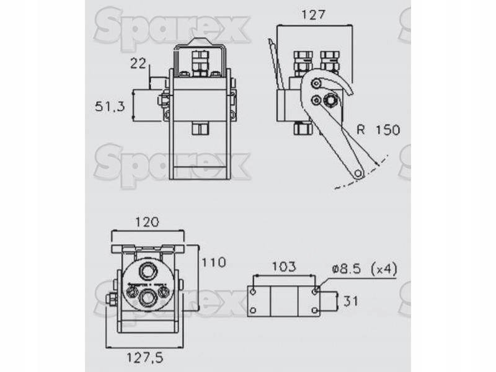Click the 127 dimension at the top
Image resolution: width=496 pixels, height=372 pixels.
pos(313,15)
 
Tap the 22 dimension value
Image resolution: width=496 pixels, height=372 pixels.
pos(138,64)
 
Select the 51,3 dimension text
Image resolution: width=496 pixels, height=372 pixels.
pos(110,106)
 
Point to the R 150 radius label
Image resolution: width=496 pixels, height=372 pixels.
pos(378,130)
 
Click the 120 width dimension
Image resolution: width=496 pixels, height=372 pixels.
pos(147,222)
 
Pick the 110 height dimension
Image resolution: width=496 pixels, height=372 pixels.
pos(214,262)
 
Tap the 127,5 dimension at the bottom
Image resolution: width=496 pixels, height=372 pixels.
pos(145,358)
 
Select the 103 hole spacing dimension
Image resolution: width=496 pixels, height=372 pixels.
pos(284,267)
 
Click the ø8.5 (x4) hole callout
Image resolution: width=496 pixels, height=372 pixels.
pos(364,269)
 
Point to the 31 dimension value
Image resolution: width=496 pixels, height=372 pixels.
pos(351,301)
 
